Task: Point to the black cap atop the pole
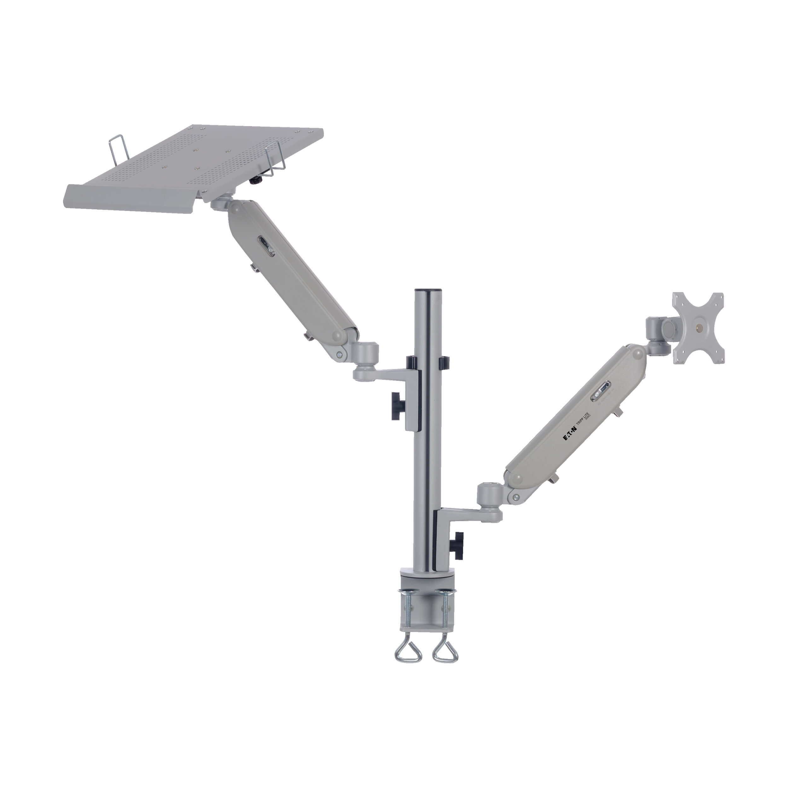coord(428,291)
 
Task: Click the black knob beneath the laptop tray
coord(256,180)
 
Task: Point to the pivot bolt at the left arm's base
coord(339,355)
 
